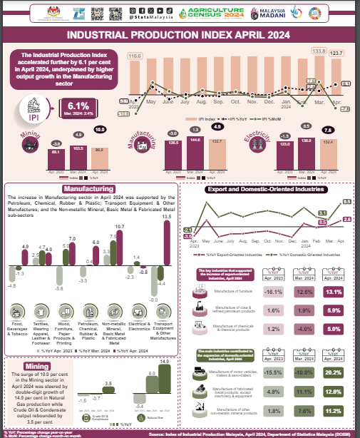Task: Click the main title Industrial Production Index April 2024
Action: point(179,34)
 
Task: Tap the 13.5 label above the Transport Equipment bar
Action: point(167,216)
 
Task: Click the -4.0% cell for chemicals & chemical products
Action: point(304,329)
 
